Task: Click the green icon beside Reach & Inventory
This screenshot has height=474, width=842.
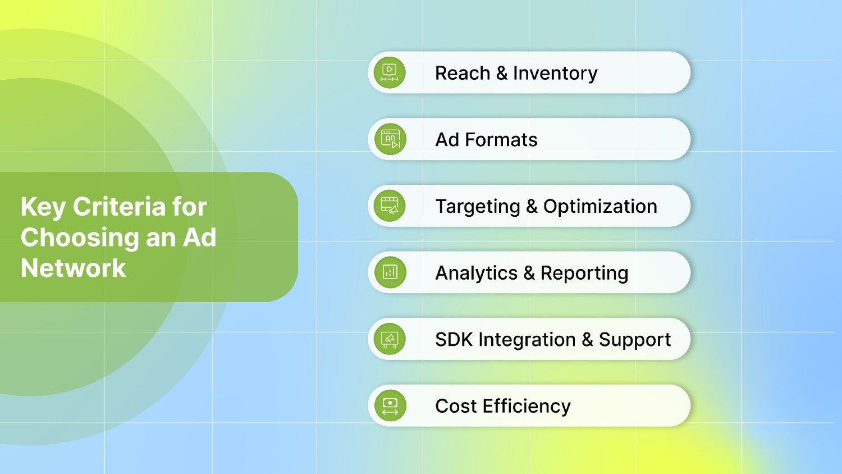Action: coord(390,73)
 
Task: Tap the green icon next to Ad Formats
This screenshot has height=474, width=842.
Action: coord(390,139)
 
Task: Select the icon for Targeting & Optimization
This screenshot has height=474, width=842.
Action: coord(390,206)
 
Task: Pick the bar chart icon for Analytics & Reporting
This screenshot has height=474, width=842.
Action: coord(390,272)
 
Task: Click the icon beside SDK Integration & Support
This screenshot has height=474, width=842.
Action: coord(390,339)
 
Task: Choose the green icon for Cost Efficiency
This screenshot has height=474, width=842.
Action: coord(390,405)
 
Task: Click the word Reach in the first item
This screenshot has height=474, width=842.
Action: coord(463,73)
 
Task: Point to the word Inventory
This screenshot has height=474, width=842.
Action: coord(555,73)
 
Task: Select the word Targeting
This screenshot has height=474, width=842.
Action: coord(478,207)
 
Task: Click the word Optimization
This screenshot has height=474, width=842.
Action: coord(600,207)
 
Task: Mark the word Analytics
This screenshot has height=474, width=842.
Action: coord(477,273)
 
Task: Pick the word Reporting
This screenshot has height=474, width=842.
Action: coord(584,273)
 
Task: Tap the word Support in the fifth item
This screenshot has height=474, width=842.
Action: coord(634,340)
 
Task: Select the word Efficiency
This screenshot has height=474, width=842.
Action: coord(527,406)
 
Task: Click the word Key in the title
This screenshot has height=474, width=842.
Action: coord(43,207)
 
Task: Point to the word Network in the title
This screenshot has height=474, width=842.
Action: coord(74,268)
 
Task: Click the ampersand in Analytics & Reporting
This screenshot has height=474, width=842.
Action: coord(529,273)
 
